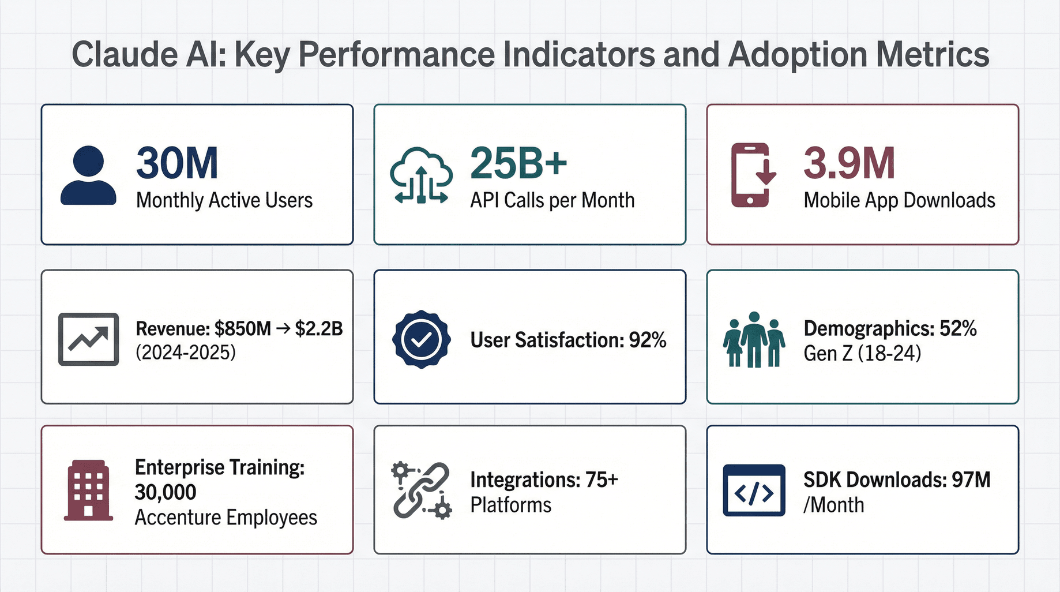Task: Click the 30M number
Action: [x=177, y=164]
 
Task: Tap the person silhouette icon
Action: [x=88, y=175]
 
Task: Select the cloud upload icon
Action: [x=421, y=175]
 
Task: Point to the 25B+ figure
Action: [x=518, y=164]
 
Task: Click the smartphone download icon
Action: [x=751, y=175]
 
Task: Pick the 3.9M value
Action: [x=849, y=164]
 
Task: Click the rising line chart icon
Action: [x=88, y=339]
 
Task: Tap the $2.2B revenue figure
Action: [x=319, y=329]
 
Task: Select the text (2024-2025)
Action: [x=186, y=353]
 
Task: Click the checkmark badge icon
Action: [x=421, y=339]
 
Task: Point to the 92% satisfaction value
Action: [x=648, y=340]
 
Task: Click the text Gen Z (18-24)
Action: [x=862, y=353]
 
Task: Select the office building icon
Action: [x=88, y=490]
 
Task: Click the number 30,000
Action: [x=166, y=492]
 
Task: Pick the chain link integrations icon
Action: [x=421, y=490]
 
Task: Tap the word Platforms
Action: [x=510, y=505]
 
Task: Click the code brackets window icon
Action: [x=754, y=490]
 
